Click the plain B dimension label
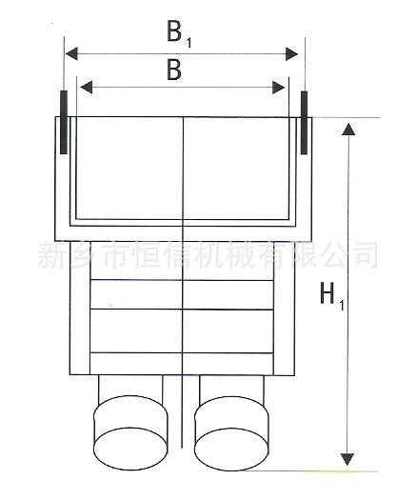pos(174,70)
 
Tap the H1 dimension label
pos(332,296)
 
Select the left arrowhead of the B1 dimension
pos(71,53)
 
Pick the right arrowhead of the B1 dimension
pos(291,54)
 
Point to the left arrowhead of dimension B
pos(86,87)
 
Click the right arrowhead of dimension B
pos(279,88)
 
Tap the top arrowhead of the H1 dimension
pos(348,130)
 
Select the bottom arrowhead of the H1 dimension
pos(347,459)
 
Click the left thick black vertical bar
pos(64,122)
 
